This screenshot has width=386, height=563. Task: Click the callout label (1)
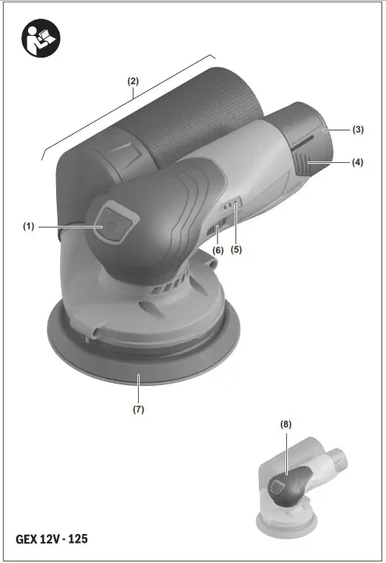(x=29, y=226)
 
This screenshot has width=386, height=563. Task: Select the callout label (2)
(x=133, y=81)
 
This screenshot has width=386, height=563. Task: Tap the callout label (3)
(x=358, y=129)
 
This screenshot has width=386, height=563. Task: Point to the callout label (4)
(x=358, y=163)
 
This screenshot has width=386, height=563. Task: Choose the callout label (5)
(x=218, y=250)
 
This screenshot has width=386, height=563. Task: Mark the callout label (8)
(x=286, y=425)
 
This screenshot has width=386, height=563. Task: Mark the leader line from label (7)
(x=138, y=388)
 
